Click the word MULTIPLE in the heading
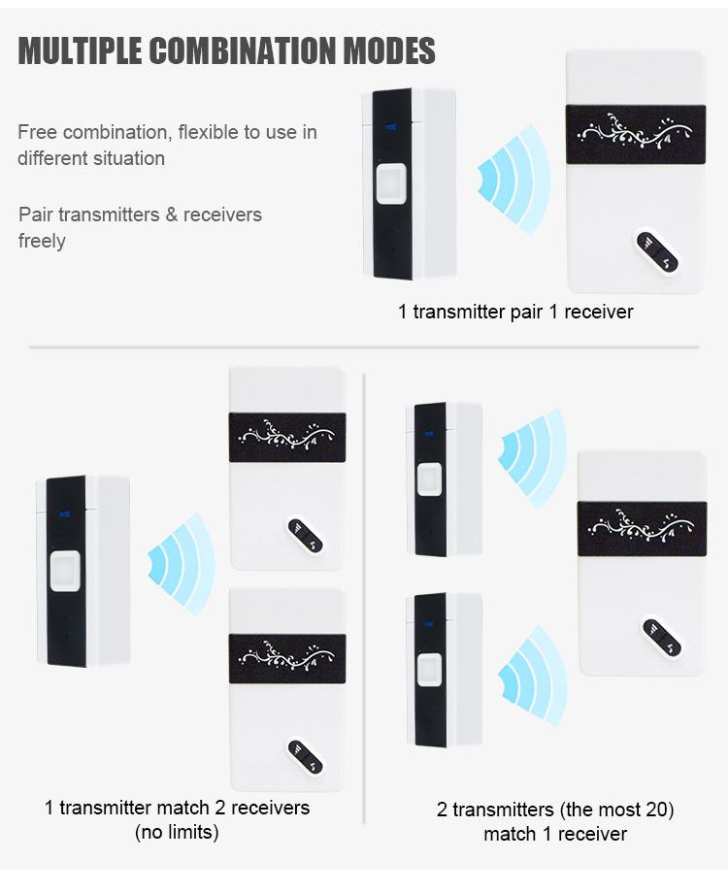80,50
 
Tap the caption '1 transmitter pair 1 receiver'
515,312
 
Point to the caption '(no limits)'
178,832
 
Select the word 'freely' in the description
42,241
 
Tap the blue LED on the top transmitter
391,126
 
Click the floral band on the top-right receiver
636,134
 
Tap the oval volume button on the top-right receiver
657,252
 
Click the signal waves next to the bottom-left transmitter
182,564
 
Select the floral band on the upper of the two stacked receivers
287,437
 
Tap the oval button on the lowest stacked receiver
305,757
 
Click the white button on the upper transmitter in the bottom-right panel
429,479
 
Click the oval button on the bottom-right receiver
661,638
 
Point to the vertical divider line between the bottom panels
363,598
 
